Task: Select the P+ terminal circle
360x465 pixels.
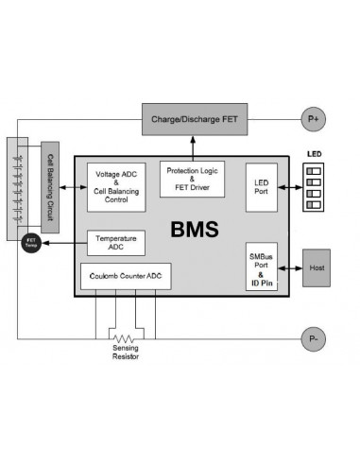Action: coord(313,119)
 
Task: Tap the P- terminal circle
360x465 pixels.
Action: coord(313,337)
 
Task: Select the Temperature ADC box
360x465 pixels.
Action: coord(115,242)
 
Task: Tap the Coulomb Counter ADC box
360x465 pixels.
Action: coord(126,276)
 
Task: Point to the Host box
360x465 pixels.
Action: coord(315,267)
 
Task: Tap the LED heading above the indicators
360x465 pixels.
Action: coord(316,153)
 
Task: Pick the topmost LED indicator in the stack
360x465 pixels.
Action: coord(316,167)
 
